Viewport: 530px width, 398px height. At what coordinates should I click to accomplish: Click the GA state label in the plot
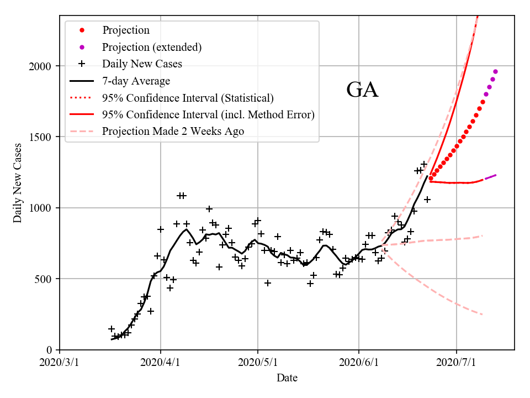(362, 90)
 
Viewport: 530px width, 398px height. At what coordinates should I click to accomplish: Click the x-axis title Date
(287, 378)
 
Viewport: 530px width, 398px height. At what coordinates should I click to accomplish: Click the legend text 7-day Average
(136, 81)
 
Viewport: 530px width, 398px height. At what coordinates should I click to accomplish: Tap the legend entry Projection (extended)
(152, 48)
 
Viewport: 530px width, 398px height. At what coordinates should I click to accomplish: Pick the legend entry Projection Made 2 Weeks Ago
(173, 132)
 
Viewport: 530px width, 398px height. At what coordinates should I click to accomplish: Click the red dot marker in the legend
(82, 30)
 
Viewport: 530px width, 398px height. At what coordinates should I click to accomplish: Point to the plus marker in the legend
(82, 64)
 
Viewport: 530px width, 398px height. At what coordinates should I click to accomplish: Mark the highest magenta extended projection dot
(495, 71)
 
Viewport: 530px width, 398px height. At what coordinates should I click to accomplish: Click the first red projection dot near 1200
(431, 178)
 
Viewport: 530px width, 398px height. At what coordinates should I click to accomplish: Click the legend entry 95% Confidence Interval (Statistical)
(188, 98)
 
